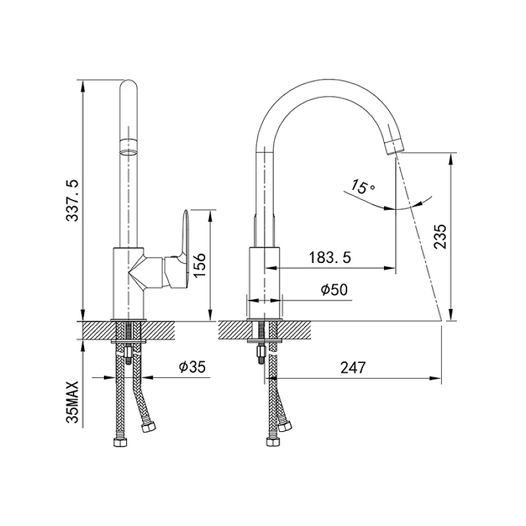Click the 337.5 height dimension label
pyautogui.click(x=72, y=201)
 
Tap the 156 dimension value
pyautogui.click(x=199, y=265)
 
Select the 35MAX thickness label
pyautogui.click(x=72, y=402)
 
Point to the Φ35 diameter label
pyautogui.click(x=192, y=367)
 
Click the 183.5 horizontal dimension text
pyautogui.click(x=329, y=258)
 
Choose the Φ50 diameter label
pyautogui.click(x=334, y=289)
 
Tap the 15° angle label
pyautogui.click(x=363, y=187)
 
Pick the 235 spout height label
pyautogui.click(x=440, y=236)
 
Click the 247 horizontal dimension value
pyautogui.click(x=353, y=368)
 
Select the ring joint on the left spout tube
pyautogui.click(x=128, y=147)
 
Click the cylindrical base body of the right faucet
pyautogui.click(x=264, y=283)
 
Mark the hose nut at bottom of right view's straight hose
pyautogui.click(x=273, y=441)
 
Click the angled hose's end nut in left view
pyautogui.click(x=149, y=427)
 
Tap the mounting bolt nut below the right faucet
pyautogui.click(x=261, y=352)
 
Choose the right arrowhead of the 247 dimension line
pyautogui.click(x=436, y=378)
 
